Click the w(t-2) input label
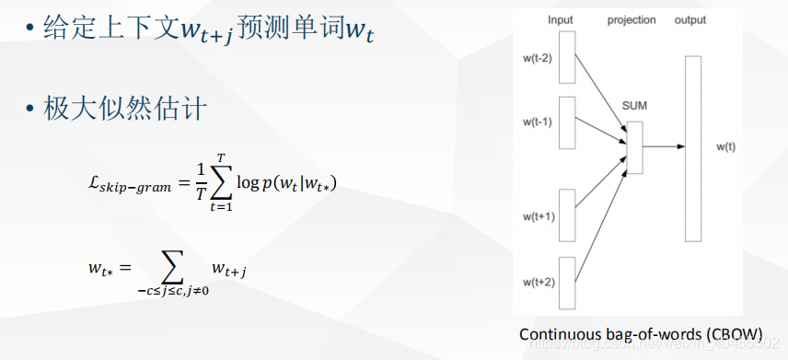(538, 57)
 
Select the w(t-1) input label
(538, 121)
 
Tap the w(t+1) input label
(538, 216)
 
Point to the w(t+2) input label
(538, 281)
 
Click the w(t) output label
(727, 145)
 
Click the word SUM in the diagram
(635, 105)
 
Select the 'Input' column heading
(560, 19)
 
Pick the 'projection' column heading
(631, 19)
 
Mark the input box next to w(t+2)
(566, 283)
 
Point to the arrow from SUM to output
(663, 145)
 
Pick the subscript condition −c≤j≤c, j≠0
(173, 291)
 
